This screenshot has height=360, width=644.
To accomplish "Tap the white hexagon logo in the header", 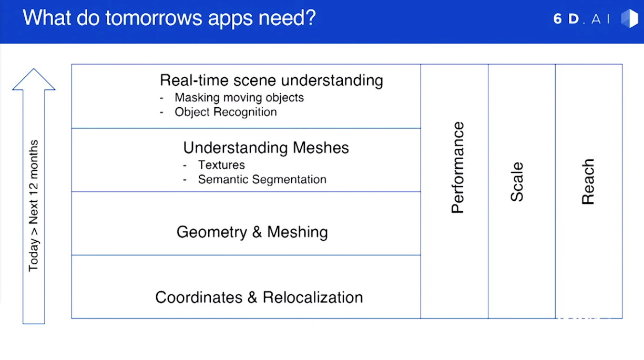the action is click(630, 19).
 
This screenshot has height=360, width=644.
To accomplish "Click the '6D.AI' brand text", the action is click(581, 19).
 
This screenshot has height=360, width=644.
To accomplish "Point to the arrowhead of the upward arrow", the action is click(34, 79).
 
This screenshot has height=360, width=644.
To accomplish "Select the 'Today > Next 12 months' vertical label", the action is click(33, 205).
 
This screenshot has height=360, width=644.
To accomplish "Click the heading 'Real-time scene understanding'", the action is click(271, 80).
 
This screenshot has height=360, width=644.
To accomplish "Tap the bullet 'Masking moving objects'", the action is click(239, 98).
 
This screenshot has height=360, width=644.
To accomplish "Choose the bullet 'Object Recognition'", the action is click(226, 112).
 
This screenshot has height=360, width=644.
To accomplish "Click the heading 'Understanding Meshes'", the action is click(266, 148).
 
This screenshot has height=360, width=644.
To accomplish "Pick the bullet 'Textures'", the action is click(221, 165).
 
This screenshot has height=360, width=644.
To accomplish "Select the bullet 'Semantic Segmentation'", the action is click(262, 180).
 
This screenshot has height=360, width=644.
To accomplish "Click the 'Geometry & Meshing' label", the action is click(252, 232).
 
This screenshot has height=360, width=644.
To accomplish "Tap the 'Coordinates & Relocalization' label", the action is click(259, 297).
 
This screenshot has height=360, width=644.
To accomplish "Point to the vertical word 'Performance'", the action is click(457, 168).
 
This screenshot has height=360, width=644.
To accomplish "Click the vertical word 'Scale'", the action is click(517, 182).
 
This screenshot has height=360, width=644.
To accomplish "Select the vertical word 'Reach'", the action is click(588, 182).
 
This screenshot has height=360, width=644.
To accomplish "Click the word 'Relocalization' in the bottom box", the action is click(313, 297).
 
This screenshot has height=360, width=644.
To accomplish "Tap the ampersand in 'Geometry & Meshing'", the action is click(257, 232).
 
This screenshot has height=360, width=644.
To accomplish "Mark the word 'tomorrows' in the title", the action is click(154, 18).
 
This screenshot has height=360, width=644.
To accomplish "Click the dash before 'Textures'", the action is click(185, 166).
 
